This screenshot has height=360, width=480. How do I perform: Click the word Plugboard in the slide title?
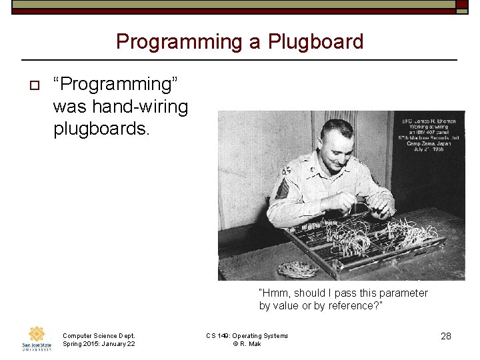coord(315,42)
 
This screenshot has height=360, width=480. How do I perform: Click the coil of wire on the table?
coord(297,269)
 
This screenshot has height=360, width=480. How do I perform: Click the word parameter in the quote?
coord(399,293)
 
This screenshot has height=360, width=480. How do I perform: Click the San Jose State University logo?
coord(37,338)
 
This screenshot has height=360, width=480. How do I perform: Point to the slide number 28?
coord(446,336)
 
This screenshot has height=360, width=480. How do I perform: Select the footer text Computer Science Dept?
coord(99,335)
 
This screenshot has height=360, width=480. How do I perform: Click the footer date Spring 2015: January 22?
coord(99,344)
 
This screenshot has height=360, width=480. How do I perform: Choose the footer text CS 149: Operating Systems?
coord(247,335)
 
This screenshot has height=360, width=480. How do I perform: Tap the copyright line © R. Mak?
coord(247,344)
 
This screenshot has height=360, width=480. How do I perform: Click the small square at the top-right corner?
coord(462,4)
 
